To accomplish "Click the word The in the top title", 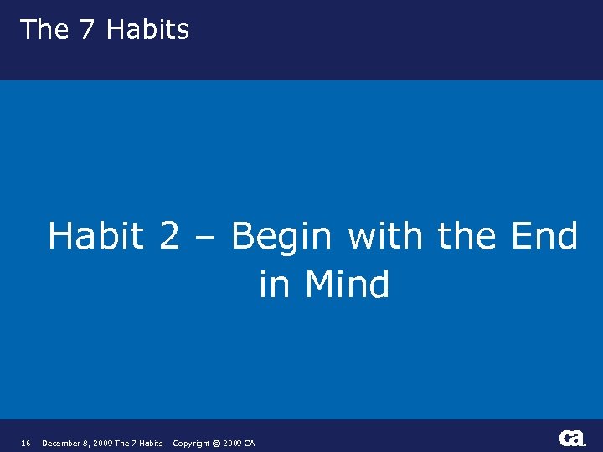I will coord(44,29).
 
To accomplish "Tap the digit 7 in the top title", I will coord(87,29).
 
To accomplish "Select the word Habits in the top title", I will coord(147,29).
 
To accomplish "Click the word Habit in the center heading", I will coord(95,236).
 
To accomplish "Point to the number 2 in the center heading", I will coord(168,236).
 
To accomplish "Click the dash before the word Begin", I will coord(205,238).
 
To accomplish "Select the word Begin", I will coord(281,238).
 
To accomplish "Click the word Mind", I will coord(347,285).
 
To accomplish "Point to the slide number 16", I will coord(26,443).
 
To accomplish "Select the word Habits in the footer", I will coord(151,443).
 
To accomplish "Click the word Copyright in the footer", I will coord(191,443).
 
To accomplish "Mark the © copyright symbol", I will coord(216,443).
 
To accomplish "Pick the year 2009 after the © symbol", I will coord(232,443).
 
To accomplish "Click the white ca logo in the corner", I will coord(572,438).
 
